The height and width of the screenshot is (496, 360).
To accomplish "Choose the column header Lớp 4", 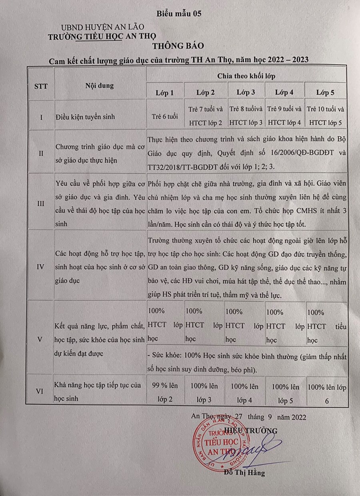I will pyautogui.click(x=284, y=93).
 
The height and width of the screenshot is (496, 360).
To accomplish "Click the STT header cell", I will pyautogui.click(x=41, y=86).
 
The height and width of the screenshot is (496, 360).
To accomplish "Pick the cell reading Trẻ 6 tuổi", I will pyautogui.click(x=164, y=116).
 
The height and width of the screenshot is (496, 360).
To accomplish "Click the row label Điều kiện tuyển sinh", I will pyautogui.click(x=86, y=117).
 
